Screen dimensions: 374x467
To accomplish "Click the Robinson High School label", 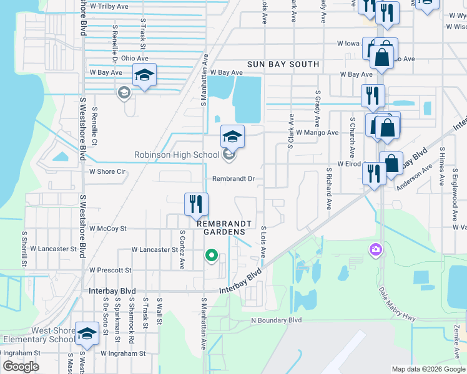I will pyautogui.click(x=177, y=155).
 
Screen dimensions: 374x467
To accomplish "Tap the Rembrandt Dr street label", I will pyautogui.click(x=234, y=179).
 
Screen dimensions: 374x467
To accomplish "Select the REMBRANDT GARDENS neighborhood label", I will pyautogui.click(x=225, y=228).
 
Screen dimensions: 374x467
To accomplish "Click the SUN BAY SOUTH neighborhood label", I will pyautogui.click(x=283, y=64).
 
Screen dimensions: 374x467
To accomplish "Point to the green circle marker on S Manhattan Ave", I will pyautogui.click(x=212, y=255).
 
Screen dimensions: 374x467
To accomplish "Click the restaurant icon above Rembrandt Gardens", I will pyautogui.click(x=196, y=203).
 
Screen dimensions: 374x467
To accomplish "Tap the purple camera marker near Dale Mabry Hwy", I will pyautogui.click(x=376, y=250).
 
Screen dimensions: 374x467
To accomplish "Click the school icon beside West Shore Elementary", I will pyautogui.click(x=87, y=333).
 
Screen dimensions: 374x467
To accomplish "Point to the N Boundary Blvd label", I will pyautogui.click(x=276, y=320).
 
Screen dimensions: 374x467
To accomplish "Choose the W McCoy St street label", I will pyautogui.click(x=108, y=229).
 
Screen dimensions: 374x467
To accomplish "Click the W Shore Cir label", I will pyautogui.click(x=108, y=171).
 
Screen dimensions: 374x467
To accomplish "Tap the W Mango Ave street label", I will pyautogui.click(x=317, y=133).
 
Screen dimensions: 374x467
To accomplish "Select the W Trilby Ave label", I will pyautogui.click(x=109, y=6).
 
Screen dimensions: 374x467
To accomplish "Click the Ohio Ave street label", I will pyautogui.click(x=135, y=58).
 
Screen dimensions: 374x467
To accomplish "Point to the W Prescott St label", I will pyautogui.click(x=111, y=271).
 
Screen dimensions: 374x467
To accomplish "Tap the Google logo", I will pyautogui.click(x=21, y=367).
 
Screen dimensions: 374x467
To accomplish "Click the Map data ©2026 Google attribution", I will pyautogui.click(x=428, y=369).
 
